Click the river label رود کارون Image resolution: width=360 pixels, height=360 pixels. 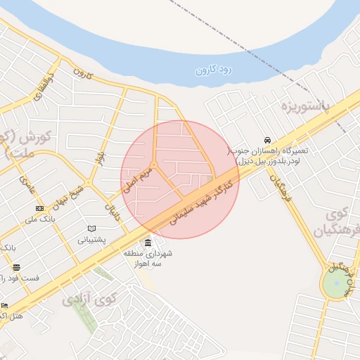tap(214, 69)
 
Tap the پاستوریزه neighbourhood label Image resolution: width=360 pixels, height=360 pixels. tap(305, 107)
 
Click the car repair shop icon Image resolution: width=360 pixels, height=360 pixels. tap(266, 140)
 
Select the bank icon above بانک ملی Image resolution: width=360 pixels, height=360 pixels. tap(39, 208)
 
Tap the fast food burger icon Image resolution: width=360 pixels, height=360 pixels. tap(16, 267)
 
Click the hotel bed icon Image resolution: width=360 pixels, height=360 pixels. tap(4, 306)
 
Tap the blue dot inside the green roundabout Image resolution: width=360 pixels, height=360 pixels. tap(336, 284)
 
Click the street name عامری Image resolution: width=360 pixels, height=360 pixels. tap(27, 184)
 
